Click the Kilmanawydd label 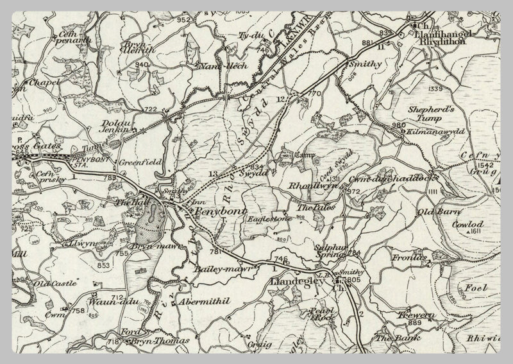pos(432,131)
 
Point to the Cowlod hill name pos(469,225)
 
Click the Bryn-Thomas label pos(152,340)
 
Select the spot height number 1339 pos(436,89)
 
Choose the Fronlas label pos(401,257)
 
